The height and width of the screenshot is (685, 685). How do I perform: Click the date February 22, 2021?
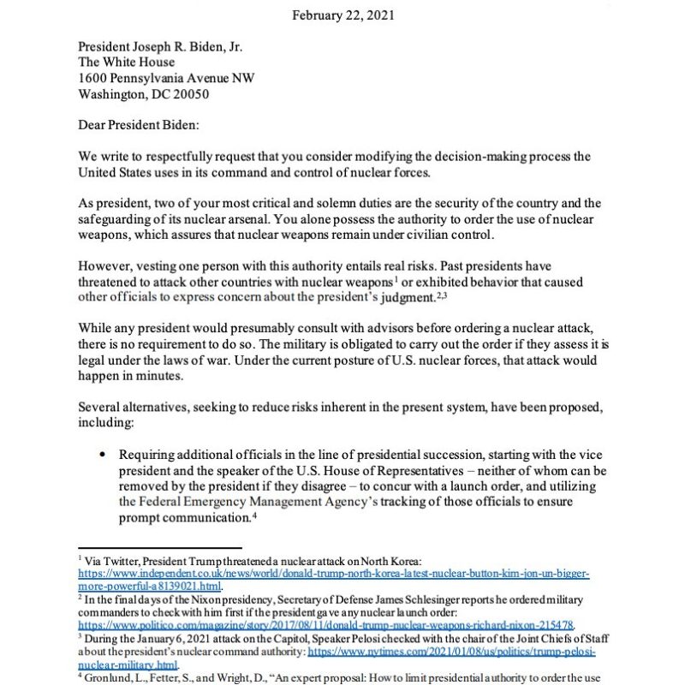coord(342,15)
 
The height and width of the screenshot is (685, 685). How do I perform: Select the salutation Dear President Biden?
coord(138,126)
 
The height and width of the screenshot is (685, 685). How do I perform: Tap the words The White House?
coord(127,62)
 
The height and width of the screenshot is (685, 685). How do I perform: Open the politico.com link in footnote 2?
coord(325,625)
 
